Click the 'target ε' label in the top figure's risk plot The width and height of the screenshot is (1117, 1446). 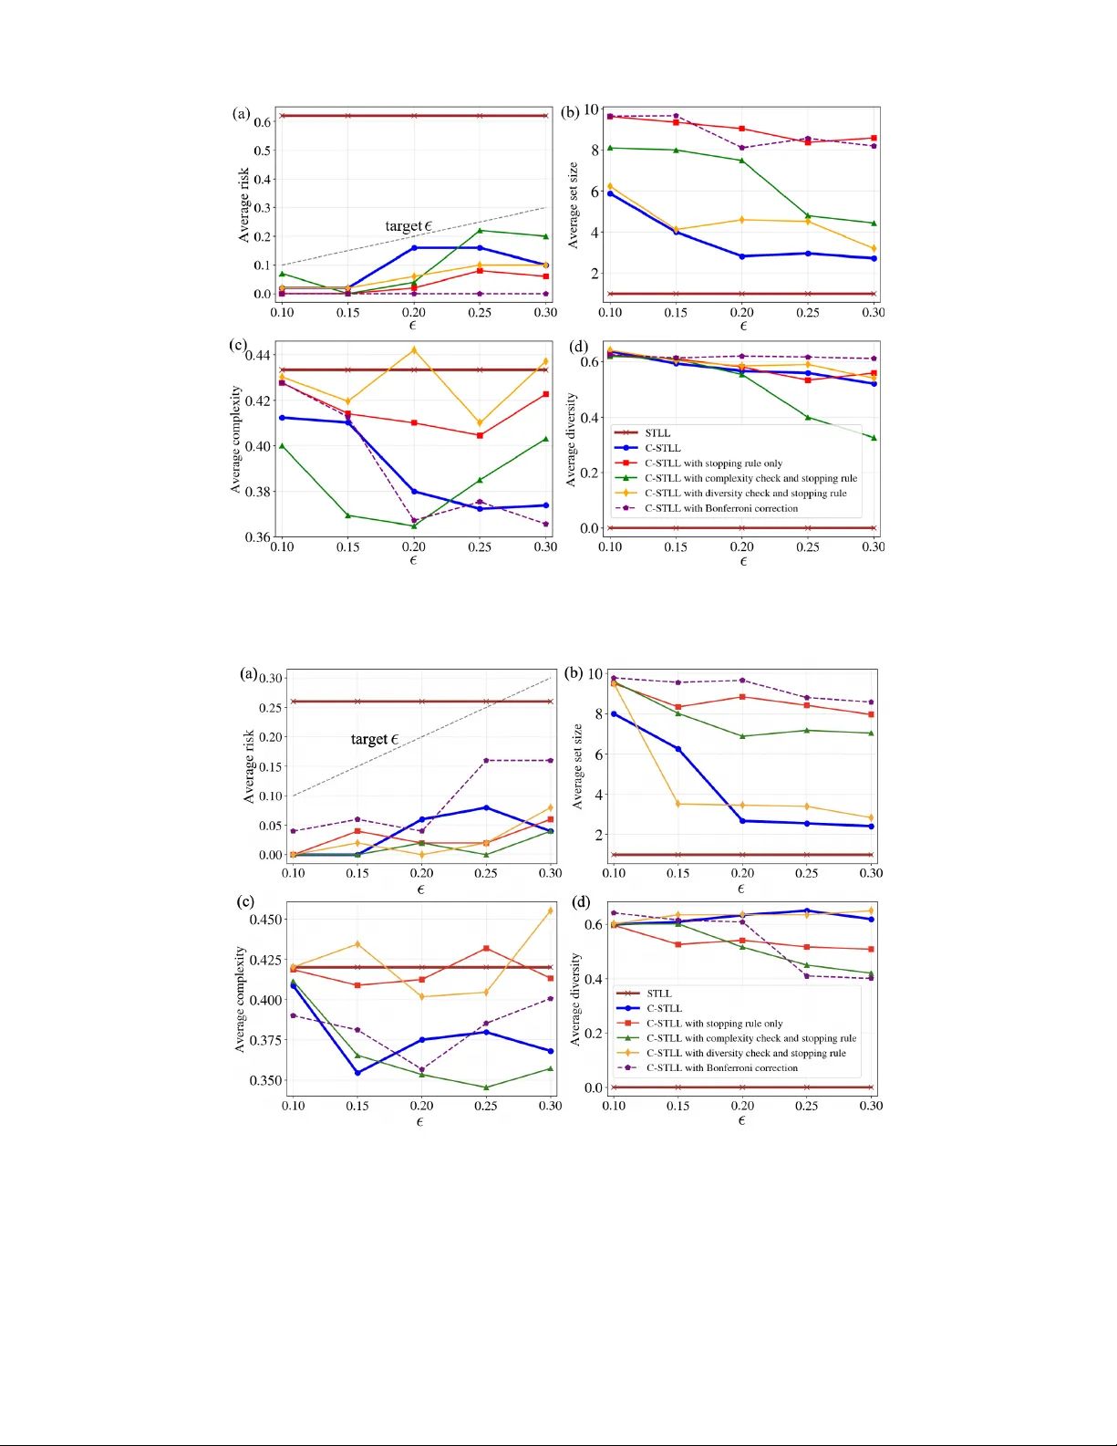tap(408, 226)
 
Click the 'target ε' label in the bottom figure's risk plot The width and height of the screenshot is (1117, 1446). tap(374, 739)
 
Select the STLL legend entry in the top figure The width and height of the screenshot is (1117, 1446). tap(657, 433)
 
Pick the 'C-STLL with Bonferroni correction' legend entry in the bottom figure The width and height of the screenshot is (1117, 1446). tap(721, 1068)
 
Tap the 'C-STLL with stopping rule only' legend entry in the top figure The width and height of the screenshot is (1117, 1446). tap(713, 463)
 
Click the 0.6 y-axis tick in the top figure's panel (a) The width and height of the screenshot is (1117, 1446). tap(263, 122)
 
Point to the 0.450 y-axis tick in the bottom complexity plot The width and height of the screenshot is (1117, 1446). tap(265, 920)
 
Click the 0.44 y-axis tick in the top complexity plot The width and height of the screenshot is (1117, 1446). tap(258, 355)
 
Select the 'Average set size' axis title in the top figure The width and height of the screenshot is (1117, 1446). tap(574, 205)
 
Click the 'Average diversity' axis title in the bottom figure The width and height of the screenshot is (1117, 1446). tap(575, 999)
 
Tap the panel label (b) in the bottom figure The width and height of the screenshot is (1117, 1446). tap(574, 673)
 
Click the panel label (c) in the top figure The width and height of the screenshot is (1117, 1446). tap(238, 345)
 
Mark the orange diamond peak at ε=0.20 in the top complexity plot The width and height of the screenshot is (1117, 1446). tap(414, 350)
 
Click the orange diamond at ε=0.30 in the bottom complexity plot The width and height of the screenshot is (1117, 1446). tap(551, 910)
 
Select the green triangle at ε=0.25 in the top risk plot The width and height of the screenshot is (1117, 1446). tap(480, 230)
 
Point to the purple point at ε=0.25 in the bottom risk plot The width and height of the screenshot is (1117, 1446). tap(486, 761)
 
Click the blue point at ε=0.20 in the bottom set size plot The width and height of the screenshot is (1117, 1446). tap(742, 821)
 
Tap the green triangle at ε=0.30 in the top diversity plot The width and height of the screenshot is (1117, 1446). tap(874, 438)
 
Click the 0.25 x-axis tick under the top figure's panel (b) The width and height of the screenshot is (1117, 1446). tap(808, 312)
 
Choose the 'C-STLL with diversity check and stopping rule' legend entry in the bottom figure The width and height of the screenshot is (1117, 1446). tap(746, 1053)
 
